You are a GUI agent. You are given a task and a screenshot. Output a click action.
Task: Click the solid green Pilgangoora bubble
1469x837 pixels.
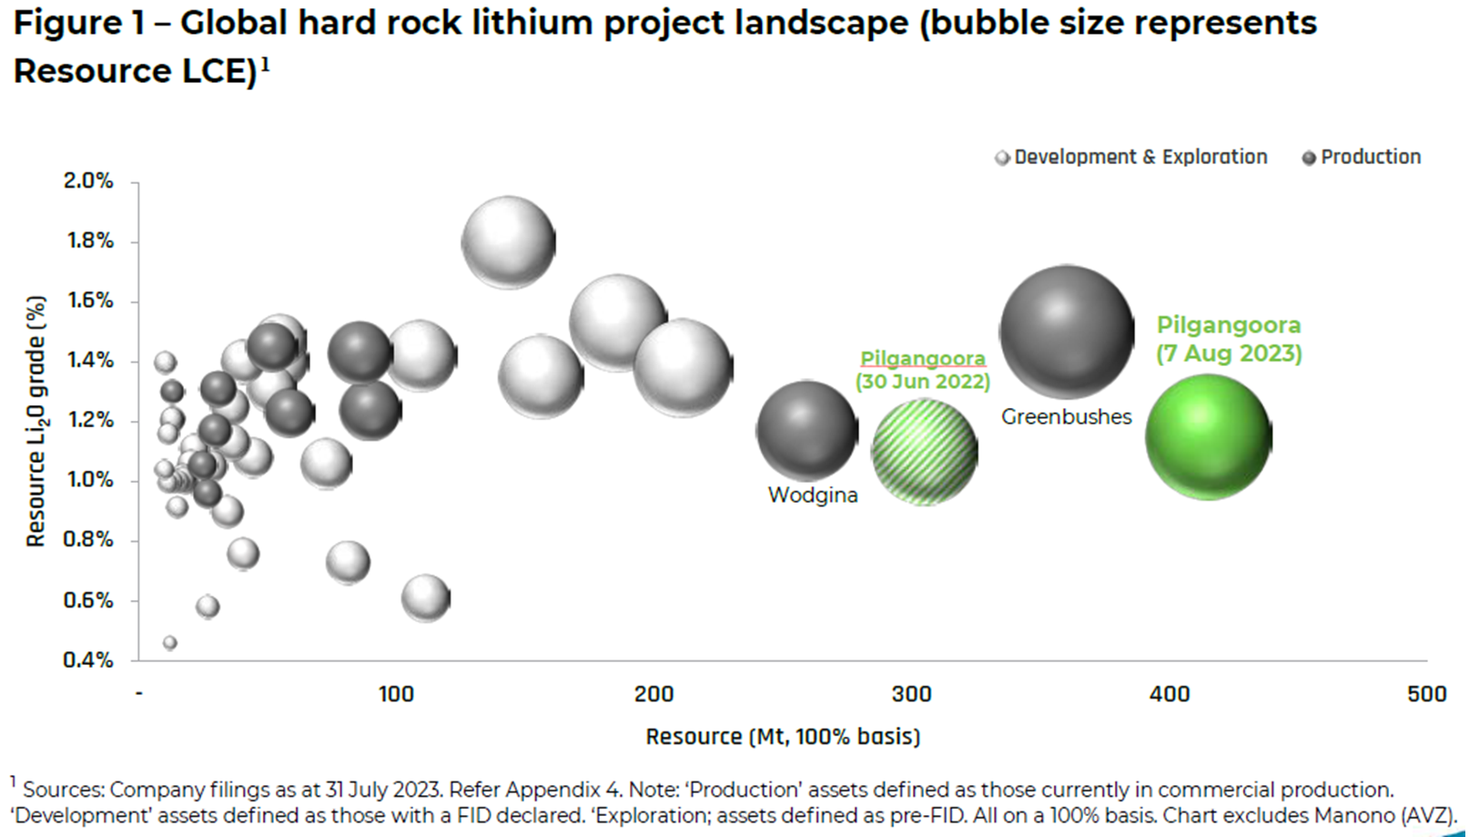point(1208,437)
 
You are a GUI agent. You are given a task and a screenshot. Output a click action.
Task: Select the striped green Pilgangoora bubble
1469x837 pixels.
point(925,452)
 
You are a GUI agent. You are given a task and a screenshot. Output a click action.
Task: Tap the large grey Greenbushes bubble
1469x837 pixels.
point(1067,332)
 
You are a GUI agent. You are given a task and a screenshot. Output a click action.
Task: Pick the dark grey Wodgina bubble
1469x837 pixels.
point(807,431)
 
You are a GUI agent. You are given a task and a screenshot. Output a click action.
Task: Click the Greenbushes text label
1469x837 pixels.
point(1066,417)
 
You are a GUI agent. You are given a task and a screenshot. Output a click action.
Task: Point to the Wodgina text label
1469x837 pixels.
point(813,495)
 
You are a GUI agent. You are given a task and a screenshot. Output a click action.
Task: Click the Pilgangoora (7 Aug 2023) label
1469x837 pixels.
point(1229,339)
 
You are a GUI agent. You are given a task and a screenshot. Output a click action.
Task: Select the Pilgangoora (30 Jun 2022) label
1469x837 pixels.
point(922,370)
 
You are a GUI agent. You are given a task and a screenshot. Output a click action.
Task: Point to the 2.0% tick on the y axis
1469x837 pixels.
point(88,181)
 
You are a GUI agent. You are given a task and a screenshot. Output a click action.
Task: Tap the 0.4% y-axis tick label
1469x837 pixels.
point(88,659)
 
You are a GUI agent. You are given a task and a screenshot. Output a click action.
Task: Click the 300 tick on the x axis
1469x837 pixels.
point(911,694)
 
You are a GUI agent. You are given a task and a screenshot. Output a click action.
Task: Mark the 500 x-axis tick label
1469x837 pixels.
point(1426,694)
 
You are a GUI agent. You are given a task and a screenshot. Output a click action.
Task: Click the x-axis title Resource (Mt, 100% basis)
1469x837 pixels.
point(783,736)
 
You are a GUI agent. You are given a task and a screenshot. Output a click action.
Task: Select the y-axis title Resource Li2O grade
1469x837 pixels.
point(35,421)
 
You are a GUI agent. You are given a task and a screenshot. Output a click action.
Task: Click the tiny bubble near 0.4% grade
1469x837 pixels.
point(169,643)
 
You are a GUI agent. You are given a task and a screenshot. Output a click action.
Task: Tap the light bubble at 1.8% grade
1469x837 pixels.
point(508,243)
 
